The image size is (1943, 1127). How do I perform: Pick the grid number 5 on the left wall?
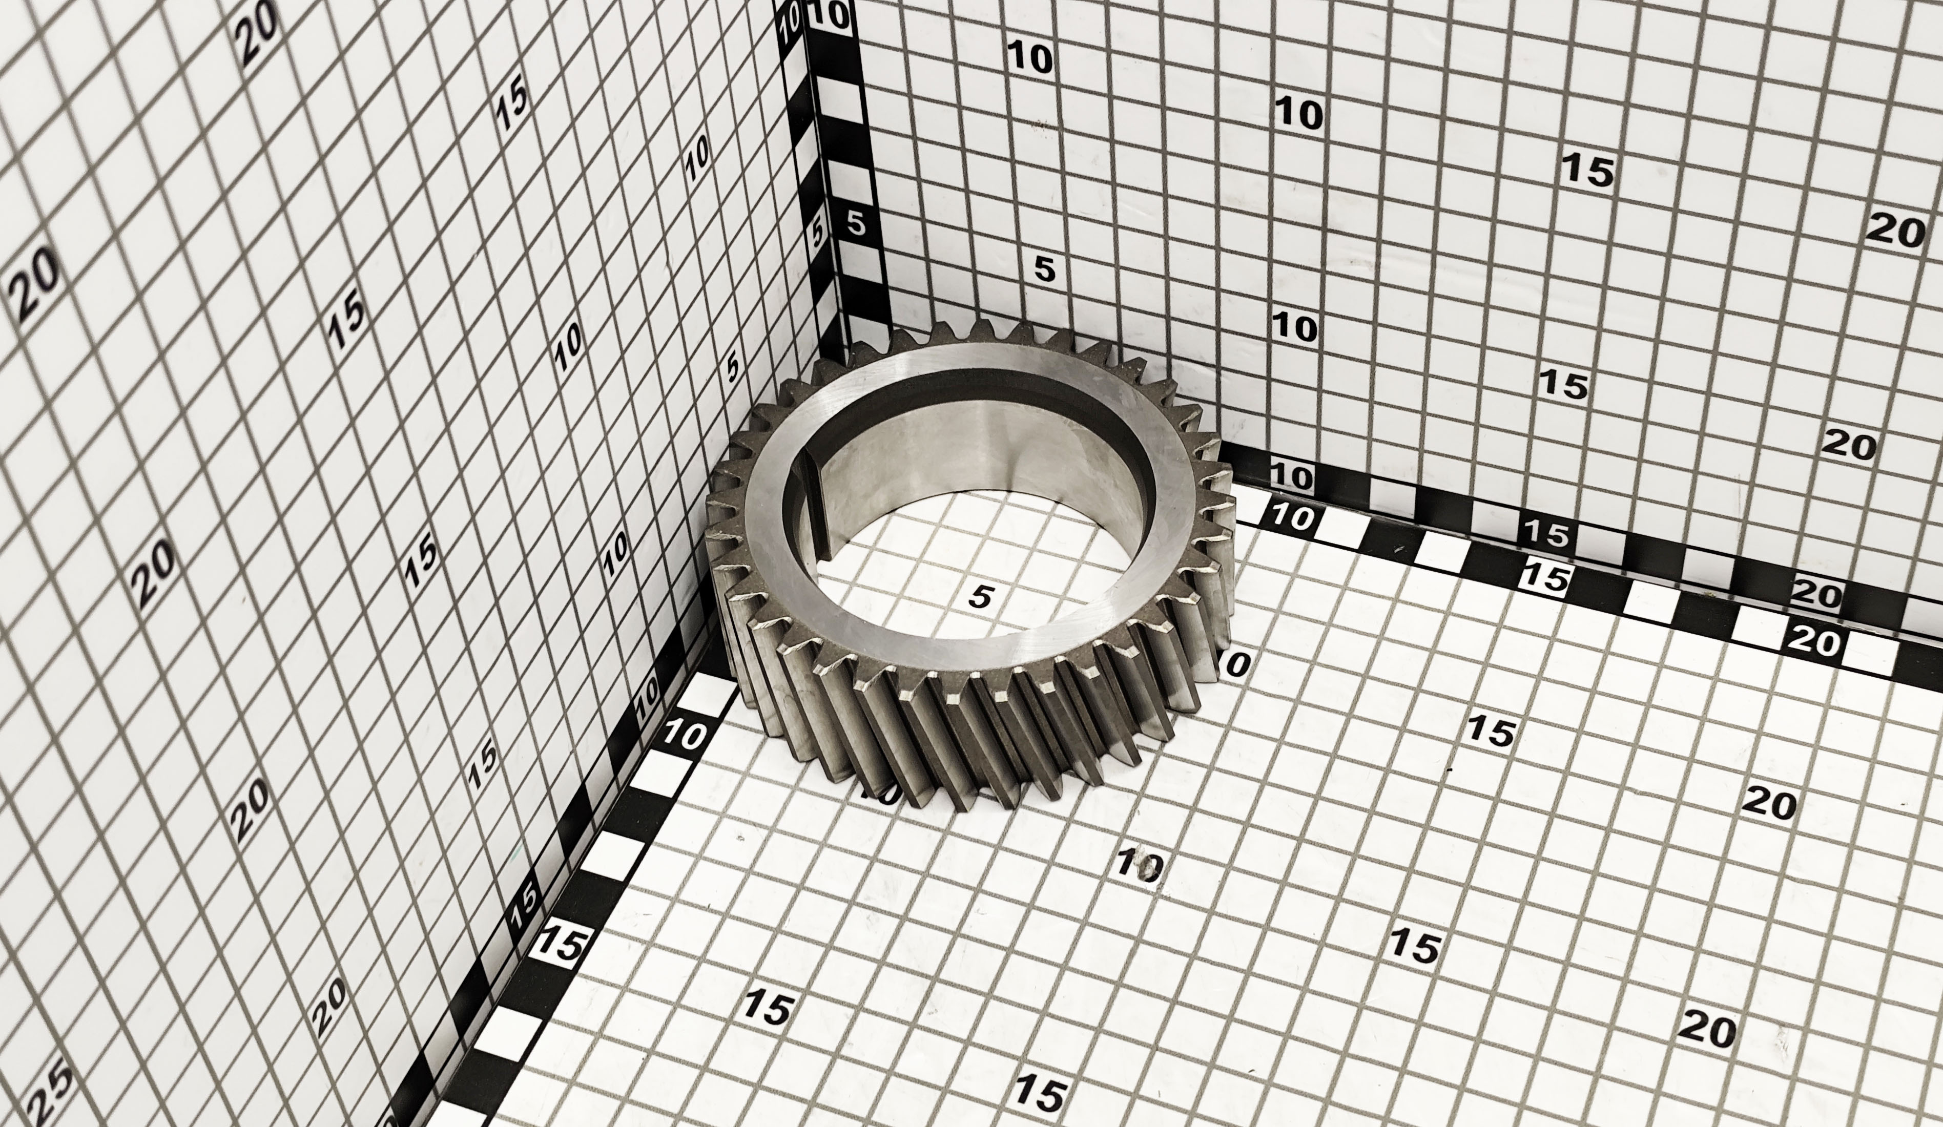tap(733, 366)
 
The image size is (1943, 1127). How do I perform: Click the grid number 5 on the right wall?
tap(1043, 268)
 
